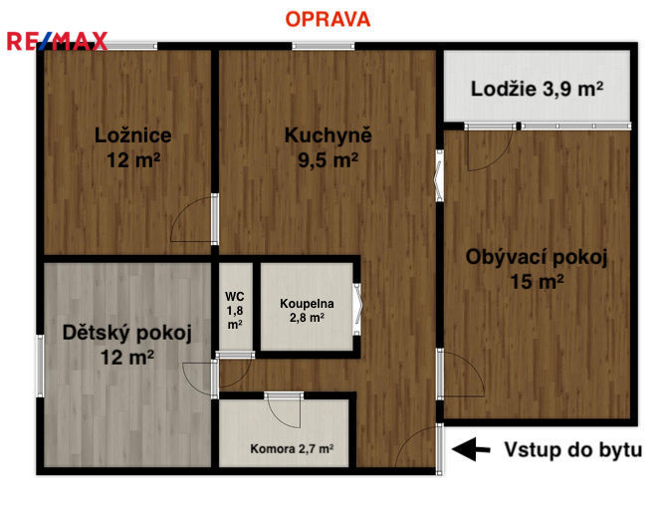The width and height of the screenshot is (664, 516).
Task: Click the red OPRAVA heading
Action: pos(328,19)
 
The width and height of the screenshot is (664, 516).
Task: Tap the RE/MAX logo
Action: pos(57,42)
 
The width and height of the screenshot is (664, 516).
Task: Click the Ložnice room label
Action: pos(133,135)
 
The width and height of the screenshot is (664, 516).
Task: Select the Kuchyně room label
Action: pos(329,135)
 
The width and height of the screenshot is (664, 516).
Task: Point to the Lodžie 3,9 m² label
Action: pos(537,89)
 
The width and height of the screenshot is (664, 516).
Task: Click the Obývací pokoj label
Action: pos(537,257)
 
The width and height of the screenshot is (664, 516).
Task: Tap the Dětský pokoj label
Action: pos(127,333)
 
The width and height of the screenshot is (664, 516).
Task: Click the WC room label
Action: pos(235,296)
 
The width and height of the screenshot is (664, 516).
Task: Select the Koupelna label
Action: pos(307,304)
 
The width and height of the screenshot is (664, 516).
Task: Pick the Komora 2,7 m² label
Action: pos(292,448)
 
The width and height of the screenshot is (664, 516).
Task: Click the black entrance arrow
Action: pos(471,449)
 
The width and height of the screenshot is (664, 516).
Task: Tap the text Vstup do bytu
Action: pos(573,449)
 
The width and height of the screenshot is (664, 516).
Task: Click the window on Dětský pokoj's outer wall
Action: pos(40,366)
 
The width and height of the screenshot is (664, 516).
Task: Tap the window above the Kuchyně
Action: pos(324,46)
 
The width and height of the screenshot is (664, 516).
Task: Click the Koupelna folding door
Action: pos(357,309)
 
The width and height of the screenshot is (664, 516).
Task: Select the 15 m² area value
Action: pos(537,281)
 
